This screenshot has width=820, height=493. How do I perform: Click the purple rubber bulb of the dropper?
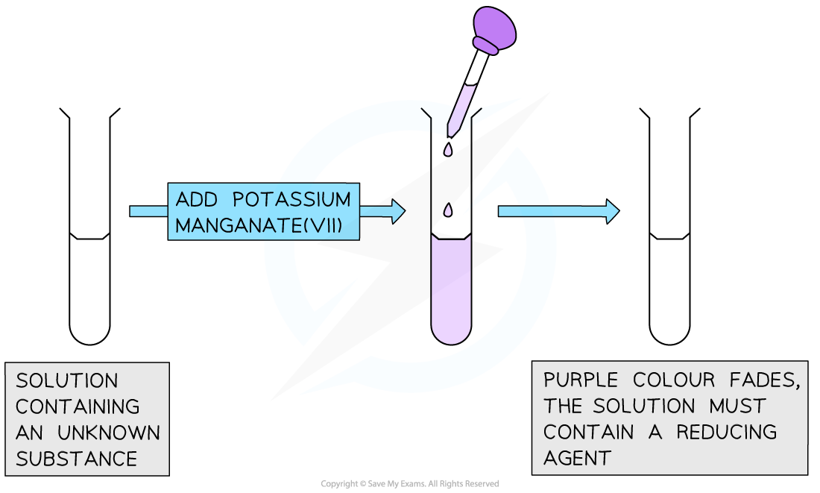coord(493,29)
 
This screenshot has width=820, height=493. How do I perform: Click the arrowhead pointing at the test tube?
coord(397,211)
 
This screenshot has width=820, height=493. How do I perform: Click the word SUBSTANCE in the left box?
coord(76,459)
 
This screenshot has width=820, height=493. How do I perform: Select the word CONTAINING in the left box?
coord(78,406)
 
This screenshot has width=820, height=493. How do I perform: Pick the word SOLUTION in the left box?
coord(67,381)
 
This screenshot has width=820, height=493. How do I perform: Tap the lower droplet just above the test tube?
coord(449,211)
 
